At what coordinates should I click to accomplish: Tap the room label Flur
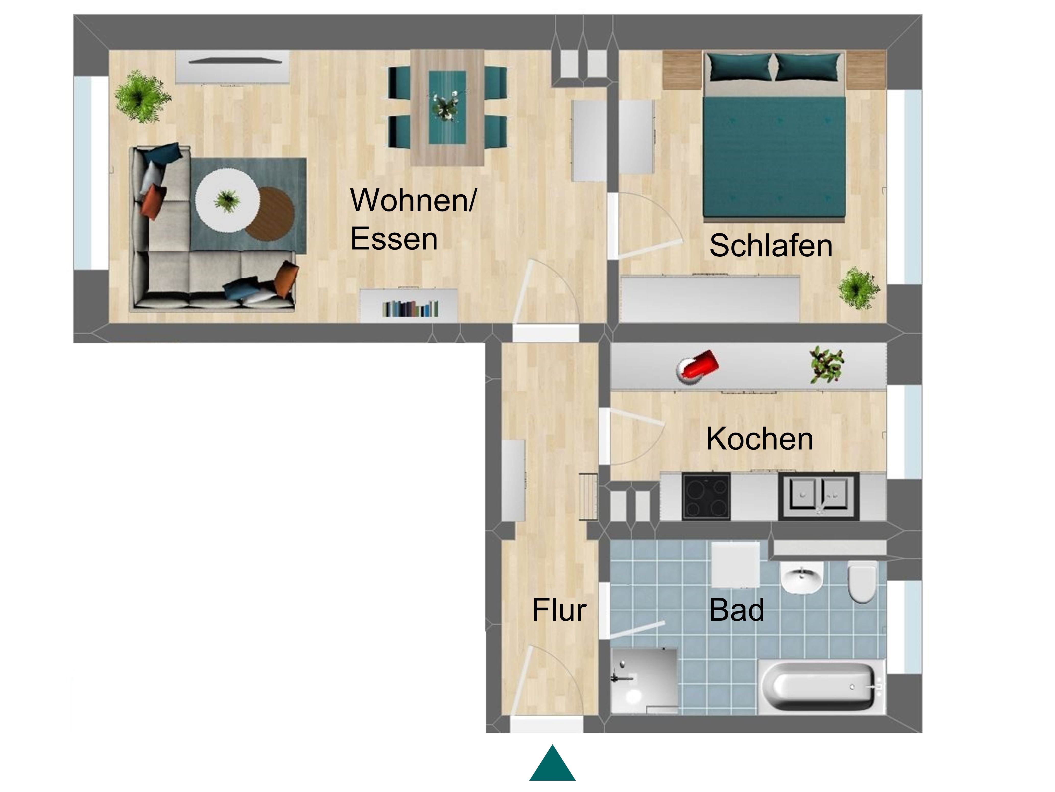click(559, 610)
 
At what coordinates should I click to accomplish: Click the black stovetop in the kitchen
click(706, 496)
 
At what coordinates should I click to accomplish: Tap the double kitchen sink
click(819, 496)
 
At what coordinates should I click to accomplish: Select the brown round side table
click(270, 213)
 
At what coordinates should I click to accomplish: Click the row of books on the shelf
click(410, 309)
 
